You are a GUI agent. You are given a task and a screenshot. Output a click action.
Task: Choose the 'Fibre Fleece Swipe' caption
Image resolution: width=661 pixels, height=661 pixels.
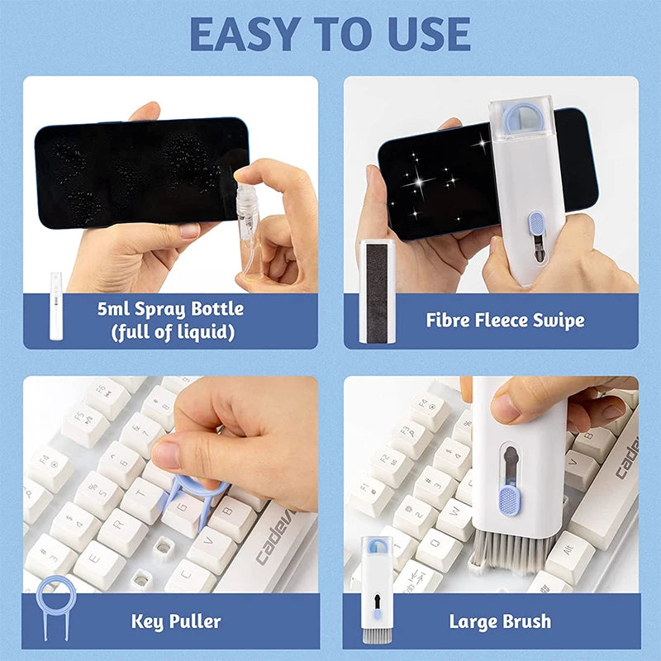coord(505,320)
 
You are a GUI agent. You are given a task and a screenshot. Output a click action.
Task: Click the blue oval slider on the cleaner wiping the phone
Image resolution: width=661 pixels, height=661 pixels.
coord(535,224)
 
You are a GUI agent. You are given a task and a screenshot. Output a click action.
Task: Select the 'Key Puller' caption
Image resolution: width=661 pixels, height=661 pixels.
coord(176,621)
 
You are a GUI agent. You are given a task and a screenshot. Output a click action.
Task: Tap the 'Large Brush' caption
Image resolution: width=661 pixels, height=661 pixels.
coord(500,621)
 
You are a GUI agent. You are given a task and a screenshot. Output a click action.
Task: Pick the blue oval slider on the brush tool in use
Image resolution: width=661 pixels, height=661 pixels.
coord(510,500)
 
